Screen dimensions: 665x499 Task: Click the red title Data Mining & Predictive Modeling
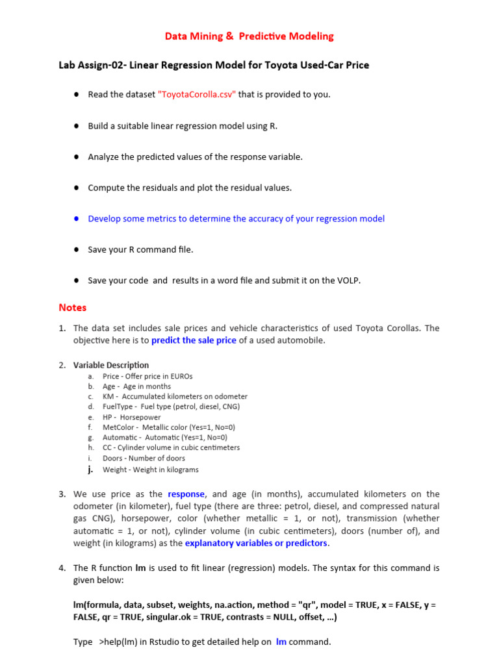pyautogui.click(x=249, y=36)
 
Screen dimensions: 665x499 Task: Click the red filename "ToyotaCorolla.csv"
pyautogui.click(x=197, y=94)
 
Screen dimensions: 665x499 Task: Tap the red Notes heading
pyautogui.click(x=72, y=307)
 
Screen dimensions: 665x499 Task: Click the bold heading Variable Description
pyautogui.click(x=111, y=365)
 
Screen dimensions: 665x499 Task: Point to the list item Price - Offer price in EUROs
pyautogui.click(x=147, y=376)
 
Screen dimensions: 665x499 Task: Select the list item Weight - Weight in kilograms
pyautogui.click(x=150, y=470)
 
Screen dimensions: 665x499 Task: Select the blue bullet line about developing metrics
pyautogui.click(x=236, y=219)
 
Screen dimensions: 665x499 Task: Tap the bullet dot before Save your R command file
pyautogui.click(x=76, y=249)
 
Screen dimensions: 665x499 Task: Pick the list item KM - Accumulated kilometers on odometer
pyautogui.click(x=175, y=396)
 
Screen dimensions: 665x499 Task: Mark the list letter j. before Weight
pyautogui.click(x=91, y=469)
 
